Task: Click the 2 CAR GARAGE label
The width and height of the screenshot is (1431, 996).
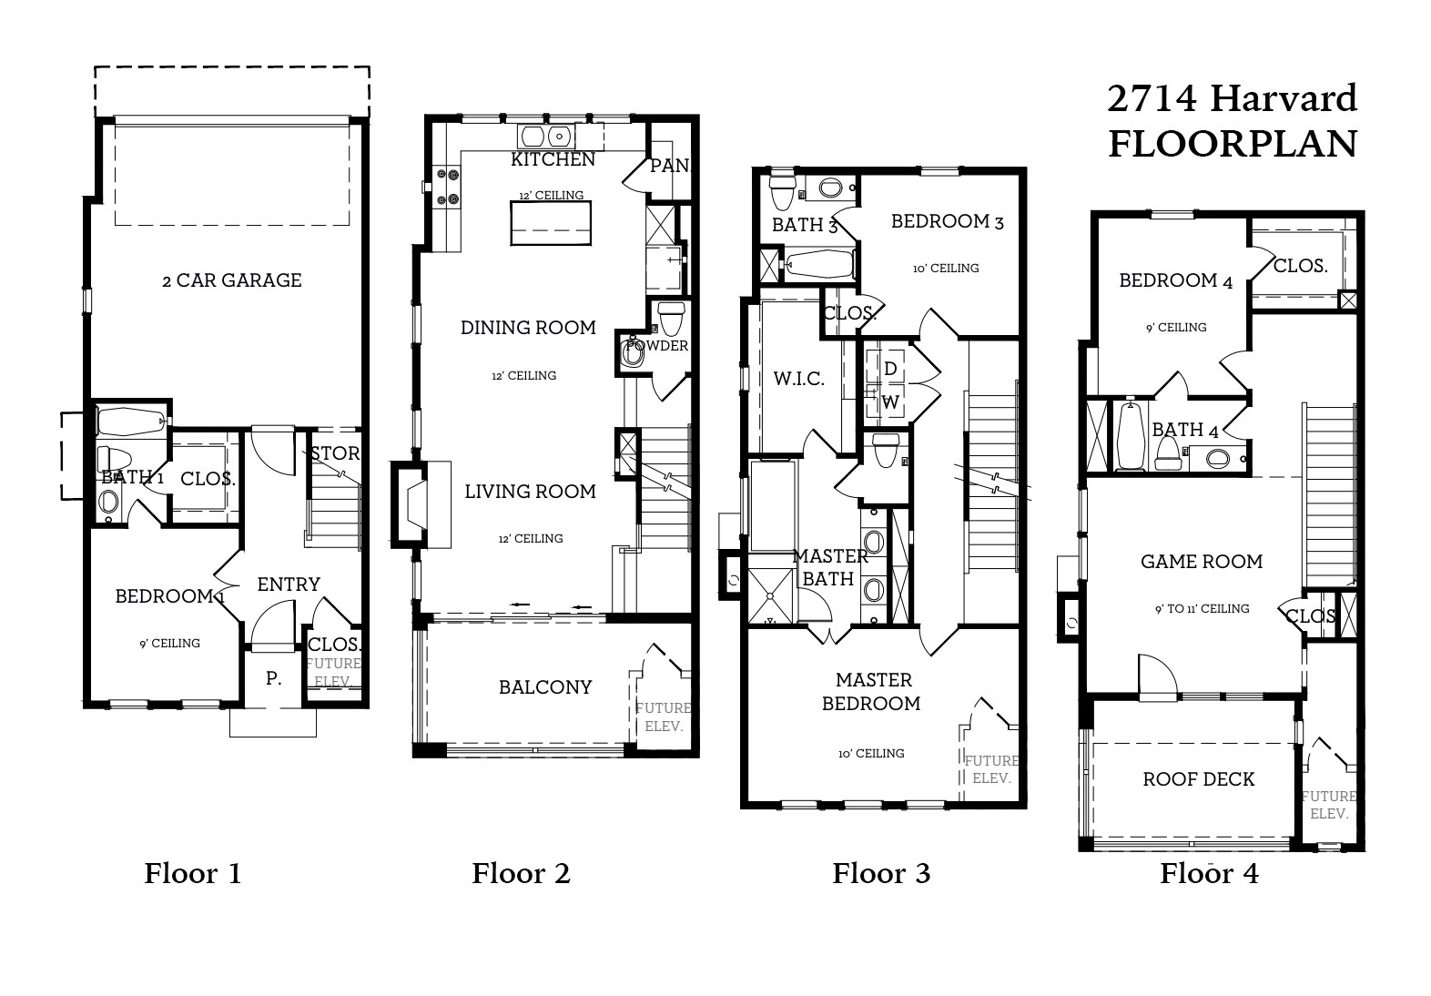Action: tap(231, 280)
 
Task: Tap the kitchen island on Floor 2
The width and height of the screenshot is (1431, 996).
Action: tap(551, 223)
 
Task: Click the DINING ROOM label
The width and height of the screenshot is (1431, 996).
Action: tap(528, 328)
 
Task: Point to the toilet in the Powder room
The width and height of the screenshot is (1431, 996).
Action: tap(671, 319)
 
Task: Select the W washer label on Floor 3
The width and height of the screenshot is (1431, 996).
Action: tap(890, 401)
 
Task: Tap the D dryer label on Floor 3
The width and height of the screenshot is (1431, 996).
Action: tap(890, 369)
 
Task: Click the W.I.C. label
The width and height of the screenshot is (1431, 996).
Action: tap(799, 379)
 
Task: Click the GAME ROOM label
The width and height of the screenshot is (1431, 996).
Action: tap(1202, 562)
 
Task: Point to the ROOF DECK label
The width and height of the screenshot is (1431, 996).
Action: tap(1199, 779)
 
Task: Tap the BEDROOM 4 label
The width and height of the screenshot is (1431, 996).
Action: tap(1175, 281)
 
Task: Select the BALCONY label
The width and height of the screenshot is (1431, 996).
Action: tap(545, 687)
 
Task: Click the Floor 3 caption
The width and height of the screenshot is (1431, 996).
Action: tap(881, 874)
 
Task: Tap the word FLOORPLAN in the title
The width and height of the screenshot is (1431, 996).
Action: tap(1232, 144)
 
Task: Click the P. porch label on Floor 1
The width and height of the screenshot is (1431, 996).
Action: tap(273, 678)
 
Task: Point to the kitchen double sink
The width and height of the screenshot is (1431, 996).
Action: tap(545, 137)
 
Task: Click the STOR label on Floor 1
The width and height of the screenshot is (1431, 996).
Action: tap(334, 453)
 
